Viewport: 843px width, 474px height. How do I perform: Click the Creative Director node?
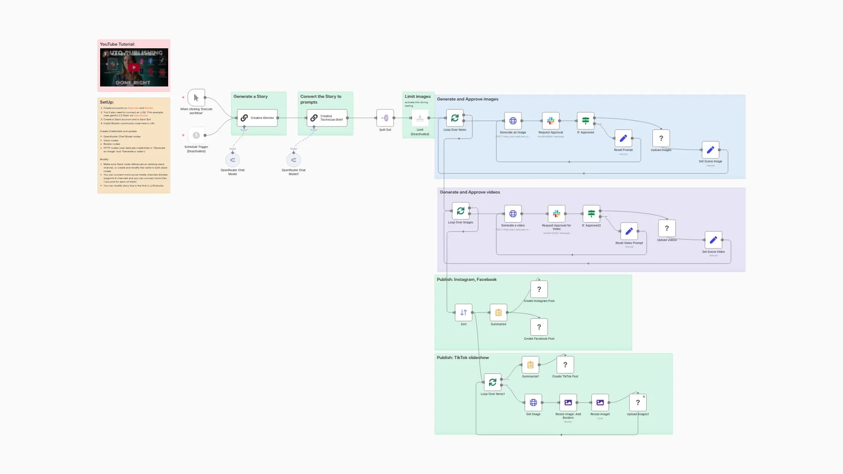click(257, 118)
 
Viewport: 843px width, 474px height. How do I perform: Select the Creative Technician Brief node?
click(327, 118)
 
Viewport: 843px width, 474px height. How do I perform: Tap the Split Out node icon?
click(385, 118)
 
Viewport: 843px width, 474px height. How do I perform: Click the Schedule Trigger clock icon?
click(196, 135)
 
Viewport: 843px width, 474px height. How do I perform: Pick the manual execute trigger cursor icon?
click(196, 97)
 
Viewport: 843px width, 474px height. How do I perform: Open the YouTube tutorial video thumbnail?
click(134, 67)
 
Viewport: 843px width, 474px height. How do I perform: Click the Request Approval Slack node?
click(551, 121)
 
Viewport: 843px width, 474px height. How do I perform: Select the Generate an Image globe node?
click(513, 121)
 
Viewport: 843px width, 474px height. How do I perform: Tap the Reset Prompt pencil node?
click(623, 138)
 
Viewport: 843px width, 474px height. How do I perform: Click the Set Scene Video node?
click(713, 240)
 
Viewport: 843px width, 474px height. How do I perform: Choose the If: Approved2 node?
click(591, 214)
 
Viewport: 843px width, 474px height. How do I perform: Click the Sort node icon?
click(464, 312)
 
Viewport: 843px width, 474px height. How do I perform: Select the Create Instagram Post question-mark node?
click(539, 289)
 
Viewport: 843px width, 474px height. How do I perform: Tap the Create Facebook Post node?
click(539, 327)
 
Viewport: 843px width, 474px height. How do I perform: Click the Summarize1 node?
click(530, 365)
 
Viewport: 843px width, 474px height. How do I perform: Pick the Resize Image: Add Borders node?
click(568, 402)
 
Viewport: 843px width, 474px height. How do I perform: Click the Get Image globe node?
click(533, 402)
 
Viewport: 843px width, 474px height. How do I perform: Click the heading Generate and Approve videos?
click(470, 192)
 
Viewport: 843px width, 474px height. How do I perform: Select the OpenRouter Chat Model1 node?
click(293, 160)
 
